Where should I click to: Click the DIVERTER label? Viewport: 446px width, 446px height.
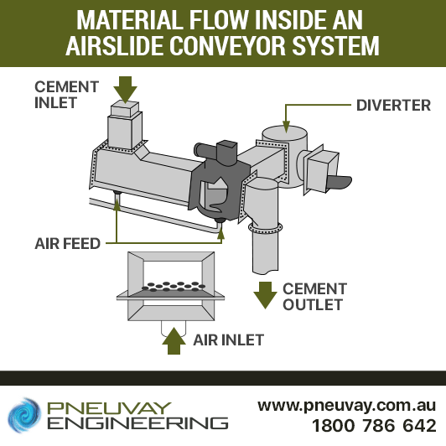(393, 106)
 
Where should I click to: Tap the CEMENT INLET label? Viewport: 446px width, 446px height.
(66, 95)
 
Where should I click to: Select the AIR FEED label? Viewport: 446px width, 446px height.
(67, 243)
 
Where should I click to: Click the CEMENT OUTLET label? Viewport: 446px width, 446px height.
(314, 297)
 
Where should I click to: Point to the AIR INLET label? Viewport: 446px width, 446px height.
(228, 340)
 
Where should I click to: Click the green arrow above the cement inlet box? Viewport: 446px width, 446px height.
(125, 90)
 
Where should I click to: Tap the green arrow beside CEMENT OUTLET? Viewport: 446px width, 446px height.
(266, 295)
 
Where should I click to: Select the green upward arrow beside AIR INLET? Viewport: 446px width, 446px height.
(174, 340)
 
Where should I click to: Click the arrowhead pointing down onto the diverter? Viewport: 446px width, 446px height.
(286, 127)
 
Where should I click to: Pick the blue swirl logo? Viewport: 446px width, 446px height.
(23, 415)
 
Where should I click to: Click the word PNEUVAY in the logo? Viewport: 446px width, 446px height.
(109, 408)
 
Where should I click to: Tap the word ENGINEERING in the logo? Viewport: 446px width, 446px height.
(137, 423)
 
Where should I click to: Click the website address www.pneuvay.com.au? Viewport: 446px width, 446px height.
(346, 405)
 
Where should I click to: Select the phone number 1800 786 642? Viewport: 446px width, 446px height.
(374, 426)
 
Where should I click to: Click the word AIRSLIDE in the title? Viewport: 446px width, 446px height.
(116, 45)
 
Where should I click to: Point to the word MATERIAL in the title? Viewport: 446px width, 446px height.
(129, 19)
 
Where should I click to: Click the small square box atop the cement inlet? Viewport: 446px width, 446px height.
(125, 109)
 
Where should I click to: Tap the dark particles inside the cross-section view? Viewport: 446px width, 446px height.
(174, 287)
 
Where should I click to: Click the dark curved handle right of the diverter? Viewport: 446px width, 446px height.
(339, 183)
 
